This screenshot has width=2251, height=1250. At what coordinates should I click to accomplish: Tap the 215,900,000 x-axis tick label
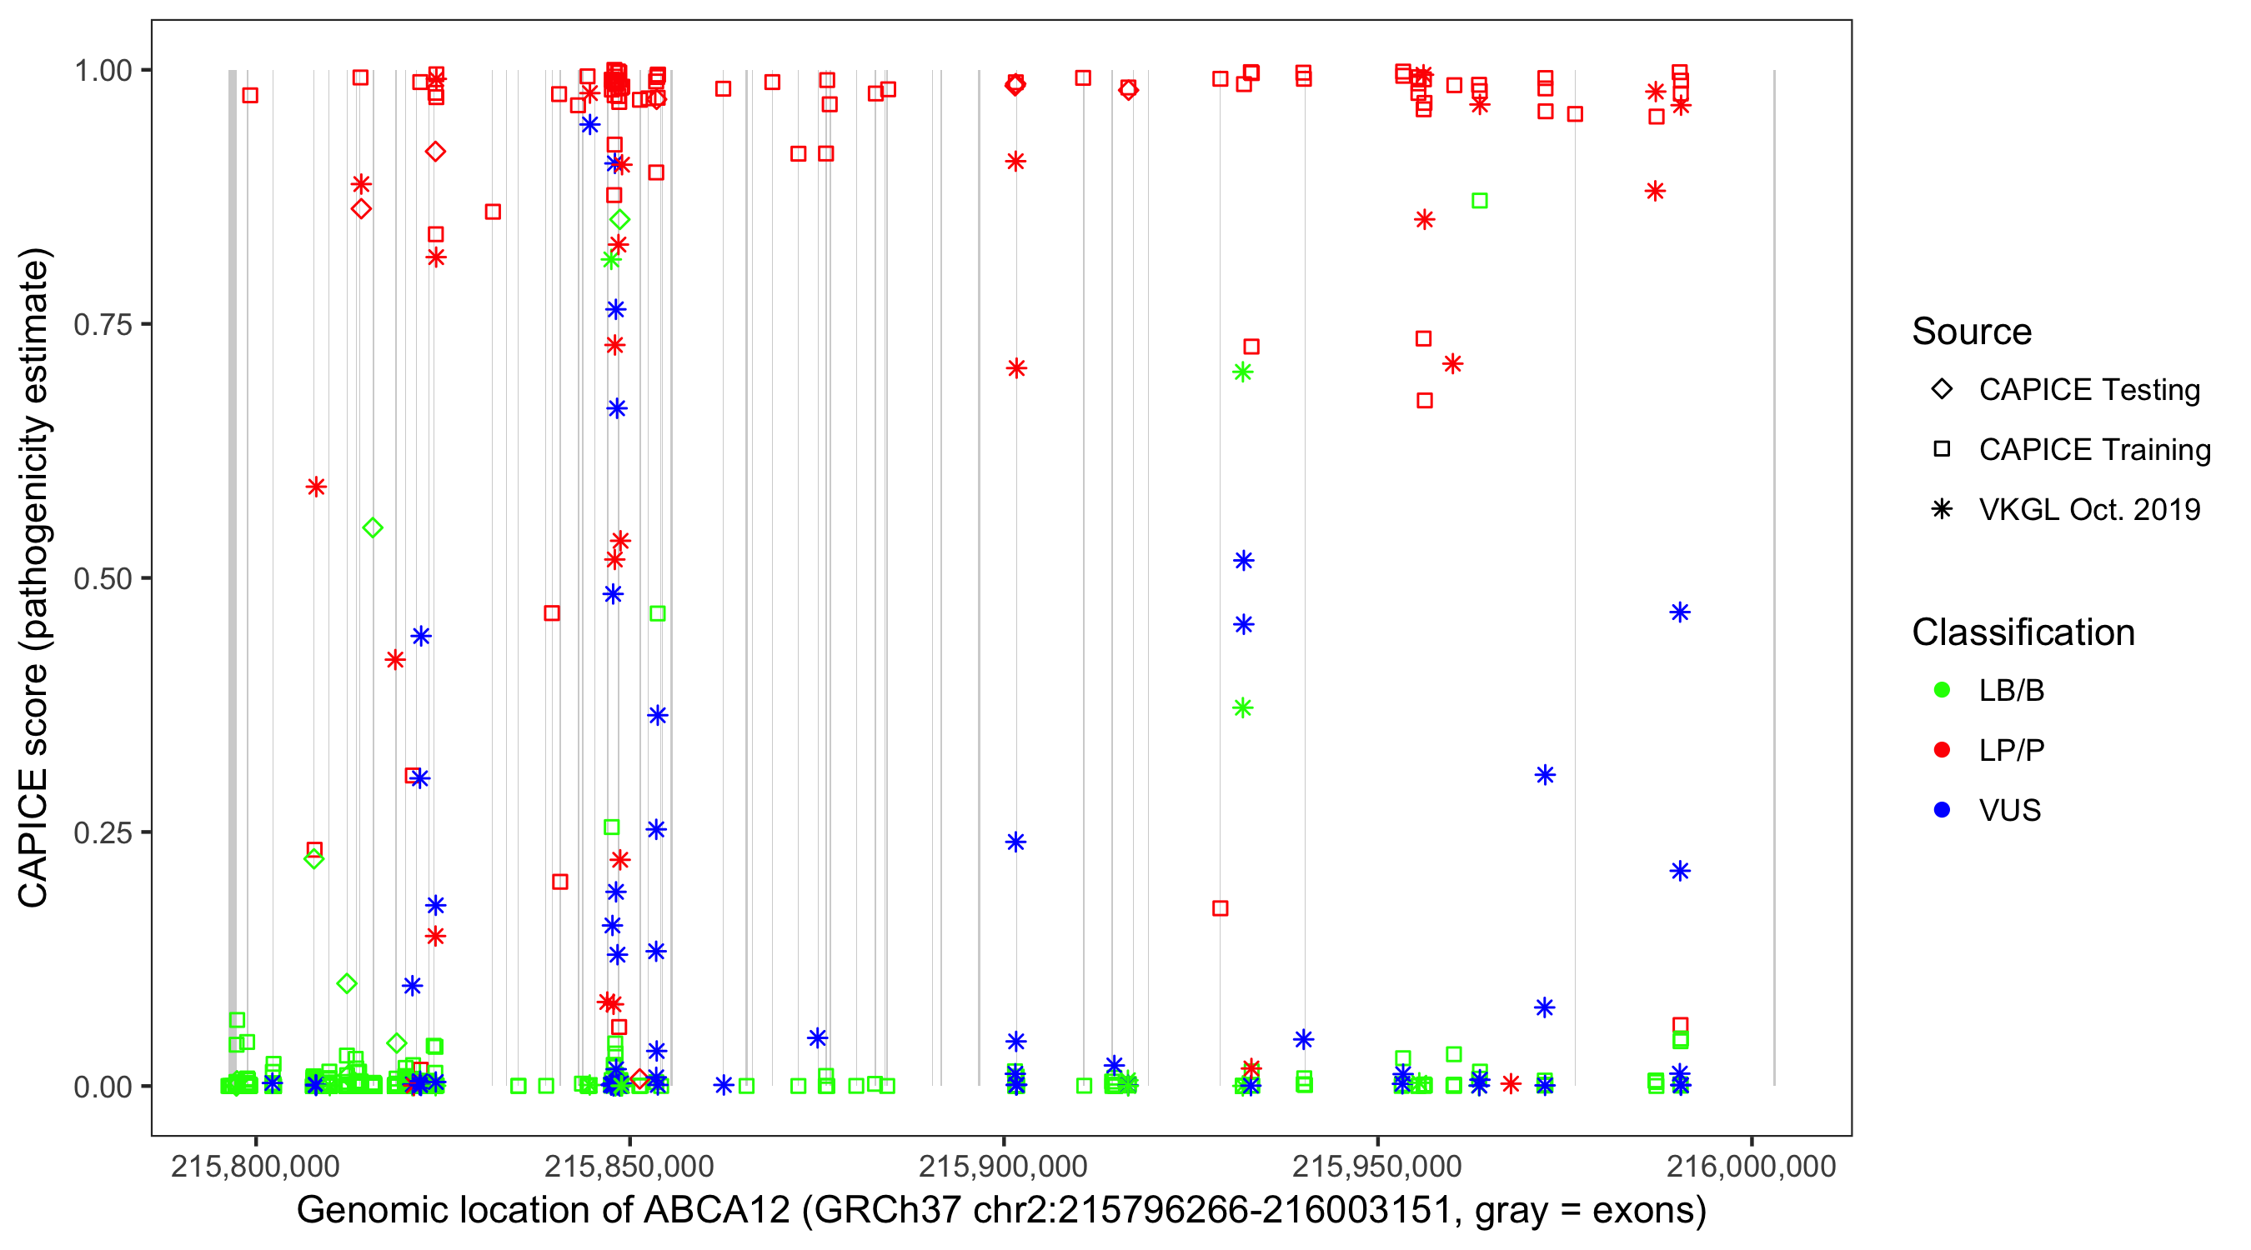[x=1003, y=1166]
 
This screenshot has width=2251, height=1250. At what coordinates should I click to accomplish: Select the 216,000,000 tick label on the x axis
[x=1751, y=1166]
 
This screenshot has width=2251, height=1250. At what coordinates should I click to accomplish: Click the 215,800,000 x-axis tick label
[x=255, y=1166]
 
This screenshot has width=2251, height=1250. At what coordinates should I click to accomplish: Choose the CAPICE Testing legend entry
[x=2089, y=390]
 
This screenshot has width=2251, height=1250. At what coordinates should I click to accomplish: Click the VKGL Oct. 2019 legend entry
[x=2089, y=509]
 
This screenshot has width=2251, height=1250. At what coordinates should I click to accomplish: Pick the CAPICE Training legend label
[x=2094, y=450]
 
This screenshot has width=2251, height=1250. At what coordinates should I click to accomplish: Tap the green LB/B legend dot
[x=1942, y=690]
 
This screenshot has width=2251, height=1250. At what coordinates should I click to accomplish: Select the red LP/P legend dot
[x=1942, y=750]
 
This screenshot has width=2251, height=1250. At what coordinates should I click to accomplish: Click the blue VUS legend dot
[x=1942, y=810]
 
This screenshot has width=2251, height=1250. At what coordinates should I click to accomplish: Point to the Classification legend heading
[x=2023, y=632]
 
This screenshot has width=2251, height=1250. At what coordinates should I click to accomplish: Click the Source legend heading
[x=1972, y=332]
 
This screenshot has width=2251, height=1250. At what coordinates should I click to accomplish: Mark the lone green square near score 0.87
[x=1479, y=201]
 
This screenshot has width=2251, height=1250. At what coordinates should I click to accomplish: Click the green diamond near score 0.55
[x=373, y=527]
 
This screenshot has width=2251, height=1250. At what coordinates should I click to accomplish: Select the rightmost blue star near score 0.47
[x=1680, y=612]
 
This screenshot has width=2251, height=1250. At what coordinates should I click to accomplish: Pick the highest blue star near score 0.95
[x=589, y=125]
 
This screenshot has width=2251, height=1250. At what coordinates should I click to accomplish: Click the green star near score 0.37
[x=1242, y=707]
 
